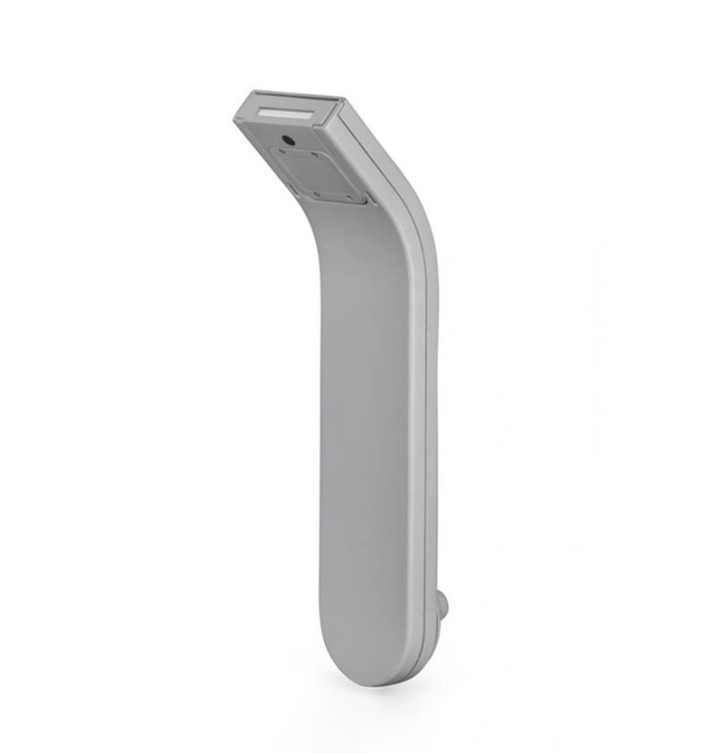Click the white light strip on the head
click(x=285, y=114)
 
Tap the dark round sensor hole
click(x=289, y=140)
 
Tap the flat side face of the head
click(x=367, y=143)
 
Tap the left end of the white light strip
click(x=261, y=111)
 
